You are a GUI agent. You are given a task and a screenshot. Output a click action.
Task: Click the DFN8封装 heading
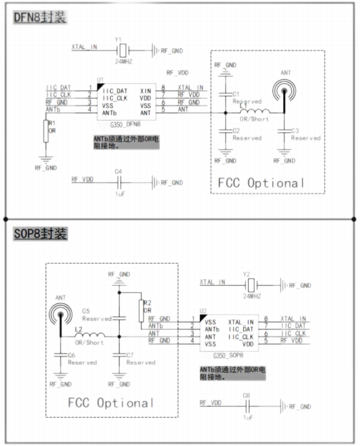click(x=39, y=18)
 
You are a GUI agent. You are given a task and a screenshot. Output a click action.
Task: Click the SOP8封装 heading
click(x=39, y=234)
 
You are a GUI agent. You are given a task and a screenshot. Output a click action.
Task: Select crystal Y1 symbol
click(x=123, y=50)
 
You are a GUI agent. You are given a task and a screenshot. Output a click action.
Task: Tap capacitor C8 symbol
click(x=246, y=406)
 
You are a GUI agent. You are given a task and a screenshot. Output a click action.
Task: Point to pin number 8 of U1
click(x=163, y=88)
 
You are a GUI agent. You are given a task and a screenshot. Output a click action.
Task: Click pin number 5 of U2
click(x=265, y=341)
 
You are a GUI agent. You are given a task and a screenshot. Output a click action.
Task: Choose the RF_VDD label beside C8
click(x=210, y=402)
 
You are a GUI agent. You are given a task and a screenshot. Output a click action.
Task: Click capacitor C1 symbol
click(x=226, y=94)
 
